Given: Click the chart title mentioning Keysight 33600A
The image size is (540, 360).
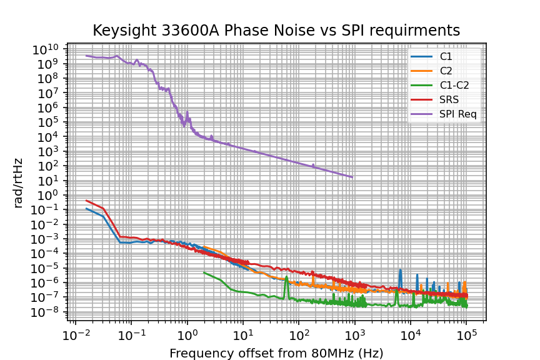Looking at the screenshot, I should [276, 31].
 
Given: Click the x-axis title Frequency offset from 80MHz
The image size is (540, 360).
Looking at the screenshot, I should [276, 353].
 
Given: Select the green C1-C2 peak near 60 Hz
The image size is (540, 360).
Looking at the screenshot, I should [287, 278].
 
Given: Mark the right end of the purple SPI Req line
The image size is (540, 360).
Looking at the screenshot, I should [353, 177].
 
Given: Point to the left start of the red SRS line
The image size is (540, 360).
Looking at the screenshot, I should [86, 201].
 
